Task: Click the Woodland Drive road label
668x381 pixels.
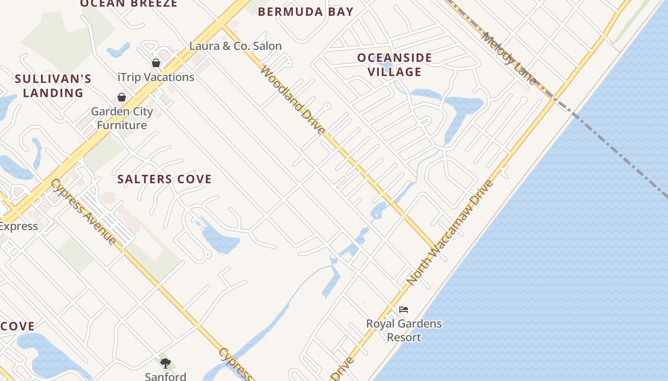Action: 293,100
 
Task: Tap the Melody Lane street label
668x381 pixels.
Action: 509,58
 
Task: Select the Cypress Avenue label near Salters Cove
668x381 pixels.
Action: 83,211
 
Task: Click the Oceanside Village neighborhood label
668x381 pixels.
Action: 395,65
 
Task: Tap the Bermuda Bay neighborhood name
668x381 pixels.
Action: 306,12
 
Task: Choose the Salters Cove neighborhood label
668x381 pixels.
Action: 165,179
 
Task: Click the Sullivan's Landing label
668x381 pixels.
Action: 53,86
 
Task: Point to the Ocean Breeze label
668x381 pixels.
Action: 129,4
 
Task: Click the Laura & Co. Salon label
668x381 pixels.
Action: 235,46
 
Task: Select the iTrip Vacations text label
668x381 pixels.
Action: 156,77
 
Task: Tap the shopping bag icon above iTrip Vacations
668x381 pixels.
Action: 156,63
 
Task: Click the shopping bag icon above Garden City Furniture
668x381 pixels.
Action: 122,98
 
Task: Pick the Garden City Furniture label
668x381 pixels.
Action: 122,119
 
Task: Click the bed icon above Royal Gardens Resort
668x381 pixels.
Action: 404,310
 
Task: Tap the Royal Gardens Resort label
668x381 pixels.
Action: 404,331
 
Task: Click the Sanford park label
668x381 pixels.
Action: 166,376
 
